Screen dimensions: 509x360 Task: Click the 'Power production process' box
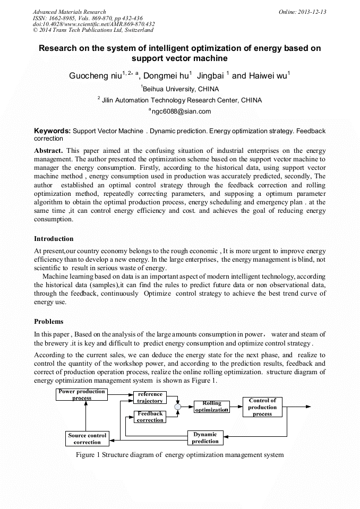click(82, 395)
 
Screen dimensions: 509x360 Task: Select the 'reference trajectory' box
click(150, 398)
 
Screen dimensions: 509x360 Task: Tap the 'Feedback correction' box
click(150, 417)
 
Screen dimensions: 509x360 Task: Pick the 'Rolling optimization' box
click(211, 407)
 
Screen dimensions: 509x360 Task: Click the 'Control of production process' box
click(262, 407)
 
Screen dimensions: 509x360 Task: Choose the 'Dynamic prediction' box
click(205, 437)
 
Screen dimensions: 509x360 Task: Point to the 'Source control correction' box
click(87, 438)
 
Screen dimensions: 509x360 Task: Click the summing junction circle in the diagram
click(178, 407)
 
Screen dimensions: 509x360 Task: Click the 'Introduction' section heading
click(54, 238)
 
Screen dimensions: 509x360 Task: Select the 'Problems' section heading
click(48, 321)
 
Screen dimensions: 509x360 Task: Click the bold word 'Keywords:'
click(52, 131)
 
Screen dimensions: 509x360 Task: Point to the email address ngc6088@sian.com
click(181, 111)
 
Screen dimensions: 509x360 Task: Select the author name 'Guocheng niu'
click(95, 76)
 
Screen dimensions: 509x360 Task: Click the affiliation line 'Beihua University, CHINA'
click(181, 89)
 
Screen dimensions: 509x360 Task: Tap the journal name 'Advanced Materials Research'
click(69, 12)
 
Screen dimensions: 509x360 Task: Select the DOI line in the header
click(93, 24)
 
